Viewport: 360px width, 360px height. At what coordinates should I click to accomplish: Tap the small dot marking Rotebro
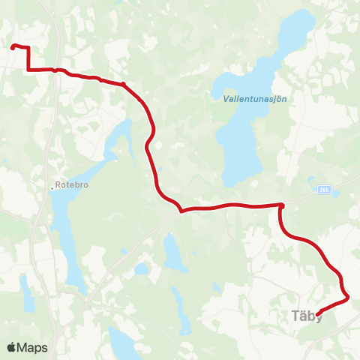pos(52,187)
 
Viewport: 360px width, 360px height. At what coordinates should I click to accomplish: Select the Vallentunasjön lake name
pos(255,98)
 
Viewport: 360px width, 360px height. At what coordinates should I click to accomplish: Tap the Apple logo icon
pos(11,347)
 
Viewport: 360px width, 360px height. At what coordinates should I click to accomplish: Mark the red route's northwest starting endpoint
pos(13,47)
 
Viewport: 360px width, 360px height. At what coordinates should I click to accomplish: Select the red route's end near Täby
pos(319,312)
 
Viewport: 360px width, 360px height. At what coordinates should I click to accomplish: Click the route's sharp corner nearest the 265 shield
pos(282,205)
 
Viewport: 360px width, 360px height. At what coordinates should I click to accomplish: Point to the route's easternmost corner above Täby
pos(349,298)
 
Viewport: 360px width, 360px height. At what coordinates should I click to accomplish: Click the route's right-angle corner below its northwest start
pos(28,70)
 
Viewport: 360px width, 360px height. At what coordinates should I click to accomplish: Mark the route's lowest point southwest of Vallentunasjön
pos(181,211)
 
